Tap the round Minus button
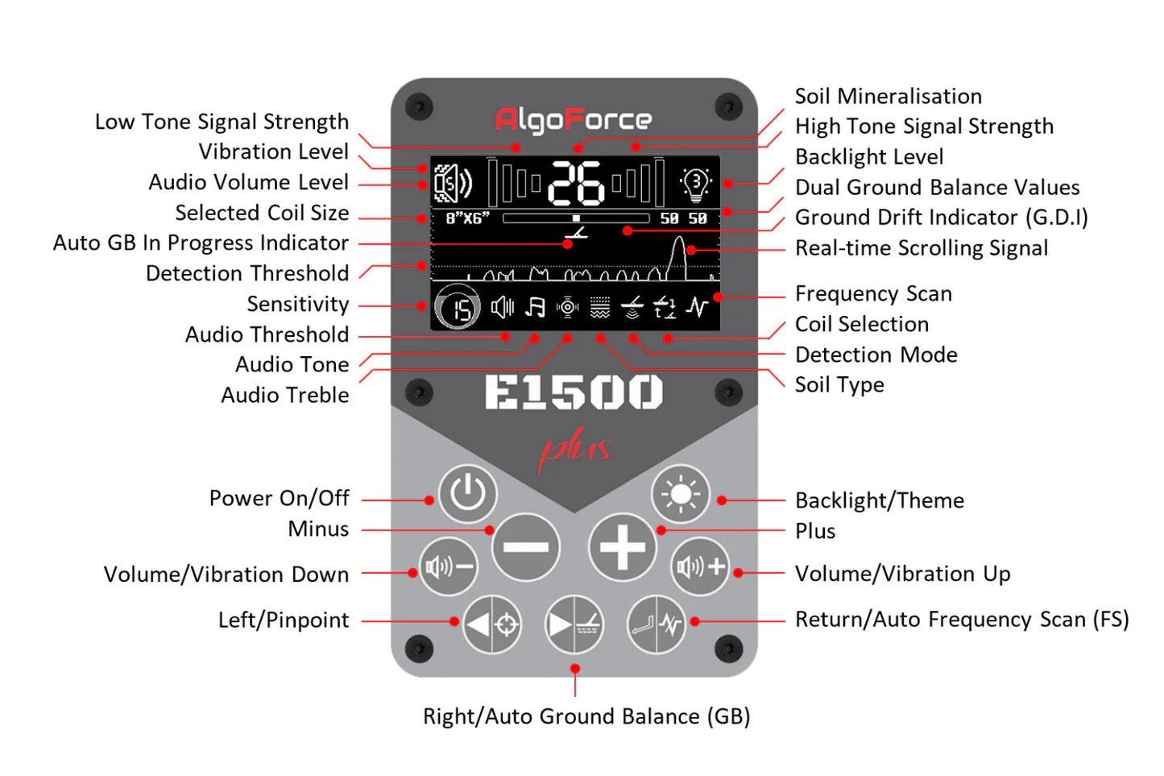[525, 547]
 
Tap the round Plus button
[622, 547]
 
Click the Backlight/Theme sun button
[681, 493]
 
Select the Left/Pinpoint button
[491, 624]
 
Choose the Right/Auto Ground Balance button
[574, 624]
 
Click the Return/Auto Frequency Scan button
[657, 624]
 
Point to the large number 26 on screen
[576, 183]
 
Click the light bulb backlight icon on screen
[695, 184]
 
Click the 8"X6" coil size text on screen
[467, 218]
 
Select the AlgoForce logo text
[574, 120]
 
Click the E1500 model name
[574, 393]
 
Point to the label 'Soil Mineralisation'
[888, 97]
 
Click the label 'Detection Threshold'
[247, 274]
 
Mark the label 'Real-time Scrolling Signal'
[922, 248]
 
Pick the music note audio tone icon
[535, 307]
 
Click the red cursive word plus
[574, 449]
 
